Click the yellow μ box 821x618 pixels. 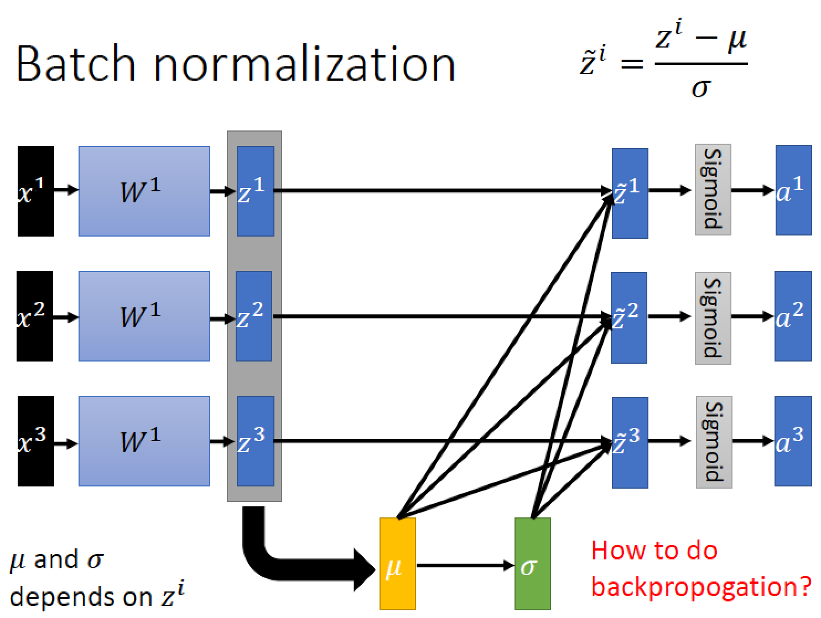pyautogui.click(x=397, y=564)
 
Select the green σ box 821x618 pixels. pyautogui.click(x=532, y=564)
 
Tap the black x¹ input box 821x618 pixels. pyautogui.click(x=36, y=191)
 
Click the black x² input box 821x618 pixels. pyautogui.click(x=35, y=316)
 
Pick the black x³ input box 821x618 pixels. pyautogui.click(x=36, y=441)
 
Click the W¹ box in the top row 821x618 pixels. pyautogui.click(x=144, y=191)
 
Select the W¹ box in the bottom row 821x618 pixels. pyautogui.click(x=144, y=441)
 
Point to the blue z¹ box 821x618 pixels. pyautogui.click(x=255, y=191)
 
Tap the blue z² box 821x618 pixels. pyautogui.click(x=254, y=316)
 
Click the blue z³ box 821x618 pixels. pyautogui.click(x=255, y=441)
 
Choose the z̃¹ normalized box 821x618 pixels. pyautogui.click(x=630, y=193)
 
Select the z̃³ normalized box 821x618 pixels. pyautogui.click(x=630, y=442)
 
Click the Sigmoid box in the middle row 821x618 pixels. pyautogui.click(x=713, y=318)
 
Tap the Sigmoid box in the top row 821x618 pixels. pyautogui.click(x=713, y=190)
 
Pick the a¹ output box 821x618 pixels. pyautogui.click(x=793, y=190)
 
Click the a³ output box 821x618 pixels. pyautogui.click(x=793, y=441)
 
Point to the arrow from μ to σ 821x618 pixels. pyautogui.click(x=465, y=565)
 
